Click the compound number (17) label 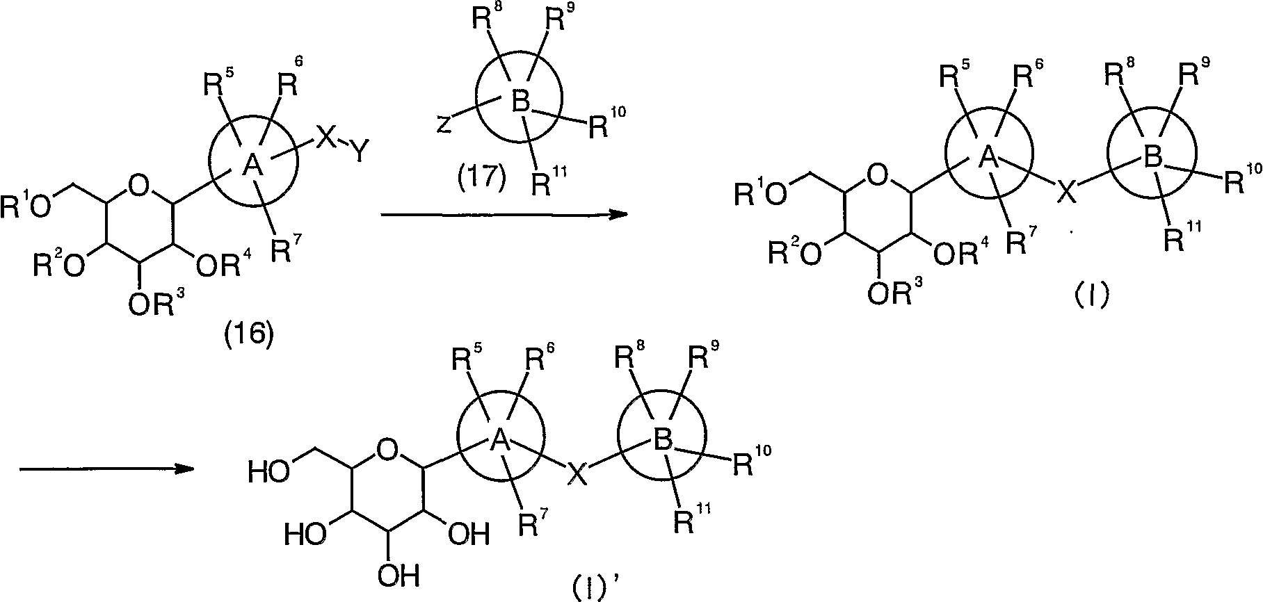(x=482, y=177)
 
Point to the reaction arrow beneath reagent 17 (x=504, y=215)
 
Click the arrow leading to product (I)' (x=106, y=469)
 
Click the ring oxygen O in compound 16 (x=140, y=184)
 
